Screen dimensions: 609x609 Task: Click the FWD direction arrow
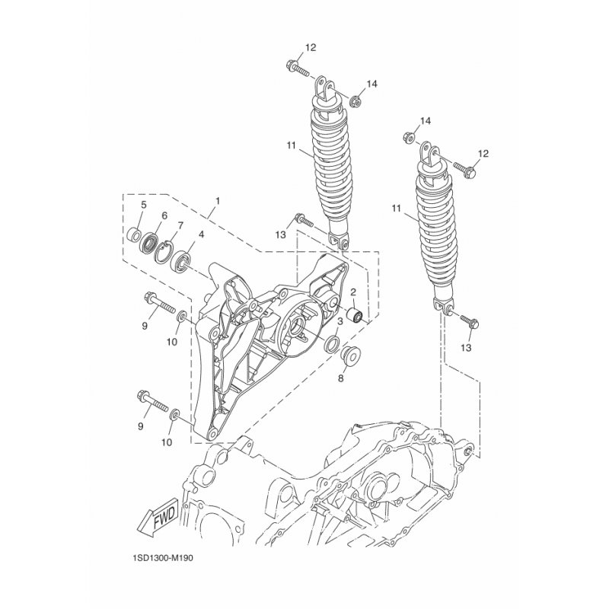(x=158, y=518)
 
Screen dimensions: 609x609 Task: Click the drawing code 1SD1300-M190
(x=162, y=559)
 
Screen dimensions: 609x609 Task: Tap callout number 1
(x=218, y=201)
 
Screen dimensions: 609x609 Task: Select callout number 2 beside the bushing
(x=354, y=292)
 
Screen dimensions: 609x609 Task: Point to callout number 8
(x=340, y=378)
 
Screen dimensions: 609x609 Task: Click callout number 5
(x=143, y=205)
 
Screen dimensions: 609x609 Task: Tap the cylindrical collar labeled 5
(x=135, y=234)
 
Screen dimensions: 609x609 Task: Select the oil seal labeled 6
(x=148, y=244)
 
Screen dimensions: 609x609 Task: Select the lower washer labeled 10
(x=175, y=413)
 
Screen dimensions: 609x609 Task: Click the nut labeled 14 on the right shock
(x=408, y=138)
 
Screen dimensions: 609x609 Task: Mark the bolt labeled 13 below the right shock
(x=470, y=320)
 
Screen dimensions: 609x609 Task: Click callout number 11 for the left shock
(x=291, y=145)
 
